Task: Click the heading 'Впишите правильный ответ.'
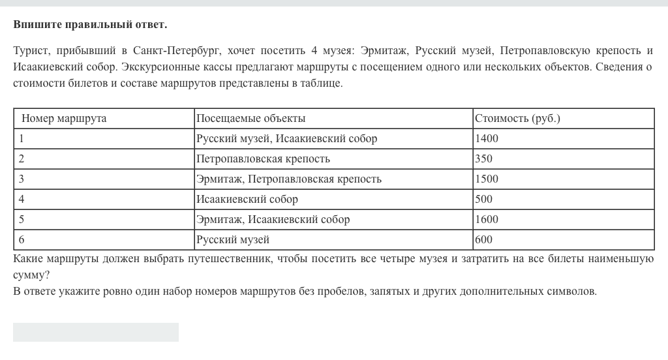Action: (90, 25)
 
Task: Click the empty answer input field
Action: (96, 332)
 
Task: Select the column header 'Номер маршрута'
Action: (64, 119)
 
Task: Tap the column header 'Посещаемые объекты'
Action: (251, 119)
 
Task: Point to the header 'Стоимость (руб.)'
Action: (518, 119)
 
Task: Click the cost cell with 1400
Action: (487, 139)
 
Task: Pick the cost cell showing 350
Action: (484, 159)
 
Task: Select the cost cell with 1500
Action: (487, 179)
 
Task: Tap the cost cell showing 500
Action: (484, 200)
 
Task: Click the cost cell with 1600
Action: (487, 220)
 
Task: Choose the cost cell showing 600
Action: (484, 240)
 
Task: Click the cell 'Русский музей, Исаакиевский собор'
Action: (287, 139)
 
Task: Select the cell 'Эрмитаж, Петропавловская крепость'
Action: (289, 179)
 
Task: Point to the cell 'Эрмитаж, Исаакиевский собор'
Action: (273, 220)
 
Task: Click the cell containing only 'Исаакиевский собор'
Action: (247, 200)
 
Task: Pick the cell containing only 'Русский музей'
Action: (233, 240)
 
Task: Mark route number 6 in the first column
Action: (22, 240)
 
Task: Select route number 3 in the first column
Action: (22, 179)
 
